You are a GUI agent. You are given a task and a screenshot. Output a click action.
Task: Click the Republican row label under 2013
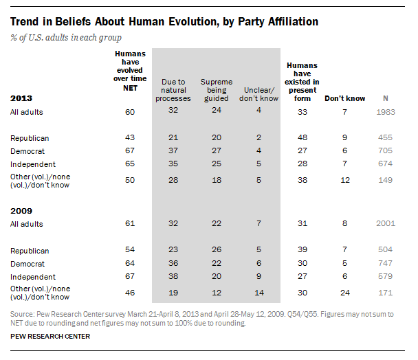pyautogui.click(x=30, y=138)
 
